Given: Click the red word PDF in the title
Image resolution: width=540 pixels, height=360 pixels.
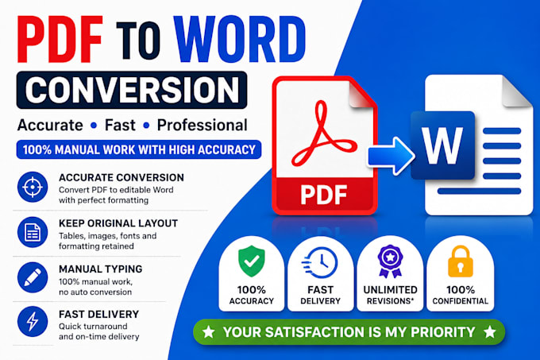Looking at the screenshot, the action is (x=60, y=39).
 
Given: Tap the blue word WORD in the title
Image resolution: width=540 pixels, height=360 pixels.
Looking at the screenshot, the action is (x=240, y=39).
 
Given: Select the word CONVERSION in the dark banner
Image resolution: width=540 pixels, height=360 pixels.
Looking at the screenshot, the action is (x=132, y=91).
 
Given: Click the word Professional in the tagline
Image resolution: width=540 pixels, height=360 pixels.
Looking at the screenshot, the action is (x=202, y=125).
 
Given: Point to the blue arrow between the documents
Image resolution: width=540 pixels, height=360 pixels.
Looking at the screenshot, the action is (x=391, y=156).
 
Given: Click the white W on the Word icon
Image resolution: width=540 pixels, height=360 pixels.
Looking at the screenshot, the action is (x=442, y=145).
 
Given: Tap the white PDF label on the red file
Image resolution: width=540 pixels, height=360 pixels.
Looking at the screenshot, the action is (x=324, y=195).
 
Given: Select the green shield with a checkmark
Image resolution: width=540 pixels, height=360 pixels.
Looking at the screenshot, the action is (x=252, y=261).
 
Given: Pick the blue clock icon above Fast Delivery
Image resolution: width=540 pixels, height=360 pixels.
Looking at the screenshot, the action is (x=320, y=262).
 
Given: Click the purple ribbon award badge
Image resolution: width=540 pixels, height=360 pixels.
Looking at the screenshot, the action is (x=390, y=261).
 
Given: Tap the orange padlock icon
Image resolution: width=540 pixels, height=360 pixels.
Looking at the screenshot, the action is (x=461, y=261).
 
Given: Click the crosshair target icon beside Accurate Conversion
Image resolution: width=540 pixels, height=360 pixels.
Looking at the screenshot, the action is (x=33, y=187).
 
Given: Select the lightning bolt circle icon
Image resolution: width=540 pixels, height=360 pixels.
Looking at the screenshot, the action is (x=33, y=322).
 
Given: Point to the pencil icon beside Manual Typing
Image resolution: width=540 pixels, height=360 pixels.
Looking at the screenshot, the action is (x=33, y=277).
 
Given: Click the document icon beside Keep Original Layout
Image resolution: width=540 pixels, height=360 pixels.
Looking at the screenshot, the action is (x=33, y=232).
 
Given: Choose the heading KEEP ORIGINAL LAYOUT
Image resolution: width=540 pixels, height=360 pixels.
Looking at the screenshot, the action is (x=118, y=223).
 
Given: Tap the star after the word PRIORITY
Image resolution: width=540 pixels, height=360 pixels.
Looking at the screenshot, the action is (x=490, y=332).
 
